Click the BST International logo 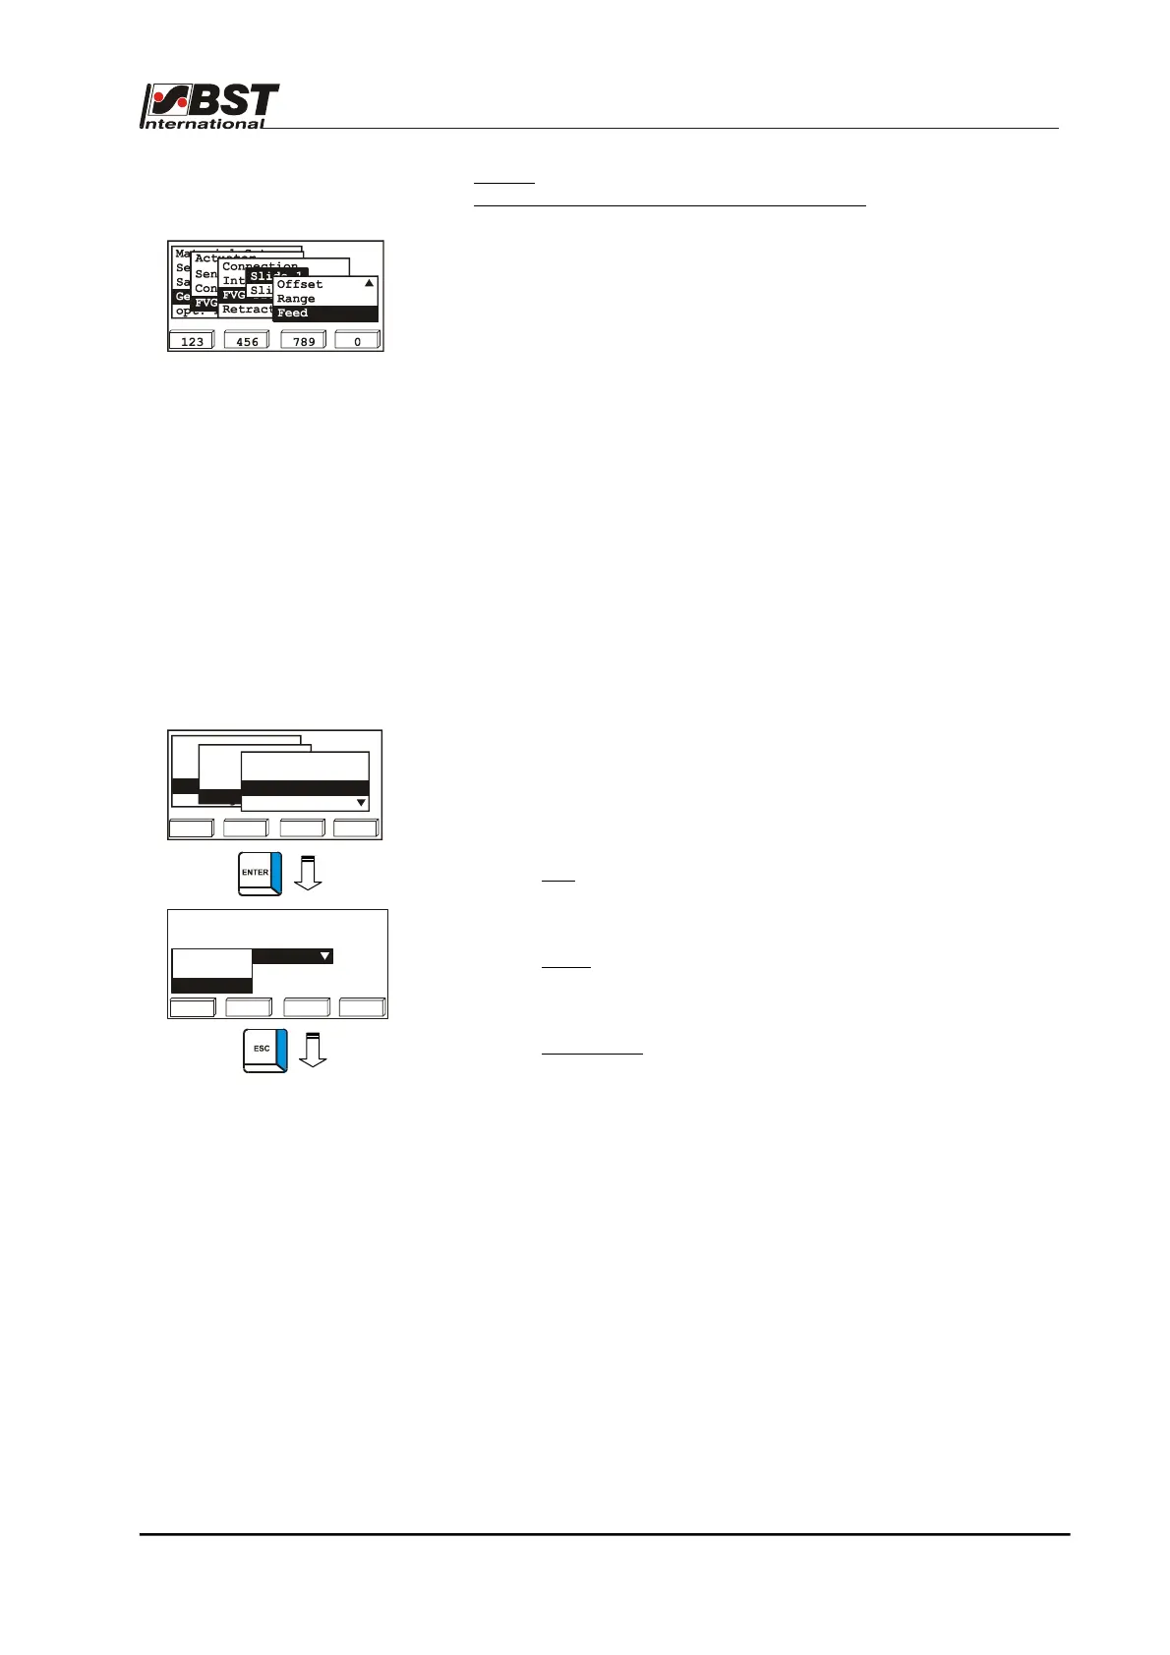pos(210,105)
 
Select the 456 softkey pos(247,341)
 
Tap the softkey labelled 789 pos(303,341)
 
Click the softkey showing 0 pos(357,341)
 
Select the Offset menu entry pos(300,285)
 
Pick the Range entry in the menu pos(296,299)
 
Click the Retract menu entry pos(247,310)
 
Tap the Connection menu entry pos(260,266)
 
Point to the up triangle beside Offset pos(369,283)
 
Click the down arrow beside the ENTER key pos(309,873)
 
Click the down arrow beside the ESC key pos(313,1050)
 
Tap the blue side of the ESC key pos(281,1050)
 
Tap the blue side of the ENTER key pos(276,873)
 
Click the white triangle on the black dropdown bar pos(324,955)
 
